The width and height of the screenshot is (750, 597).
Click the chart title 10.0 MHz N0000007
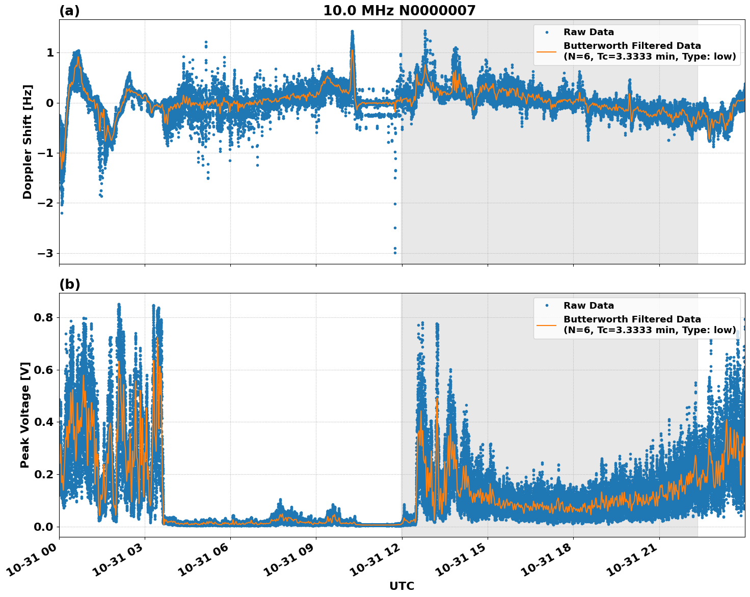click(399, 11)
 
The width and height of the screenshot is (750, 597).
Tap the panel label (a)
click(69, 11)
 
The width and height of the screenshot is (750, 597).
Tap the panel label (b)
click(69, 284)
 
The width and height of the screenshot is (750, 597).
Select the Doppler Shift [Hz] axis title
click(28, 142)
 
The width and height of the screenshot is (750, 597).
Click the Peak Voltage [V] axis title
click(25, 415)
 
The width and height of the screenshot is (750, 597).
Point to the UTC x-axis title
click(401, 586)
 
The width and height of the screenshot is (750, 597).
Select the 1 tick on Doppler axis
click(50, 52)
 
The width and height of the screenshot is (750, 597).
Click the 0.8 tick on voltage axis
click(44, 317)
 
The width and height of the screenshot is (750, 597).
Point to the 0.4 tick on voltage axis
click(44, 422)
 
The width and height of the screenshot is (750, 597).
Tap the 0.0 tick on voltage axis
click(44, 526)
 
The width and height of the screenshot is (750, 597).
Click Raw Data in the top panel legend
click(588, 32)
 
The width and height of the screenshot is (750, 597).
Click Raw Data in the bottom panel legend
click(588, 306)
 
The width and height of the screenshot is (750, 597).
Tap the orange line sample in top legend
click(546, 51)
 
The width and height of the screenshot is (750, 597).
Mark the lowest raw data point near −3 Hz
click(395, 253)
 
